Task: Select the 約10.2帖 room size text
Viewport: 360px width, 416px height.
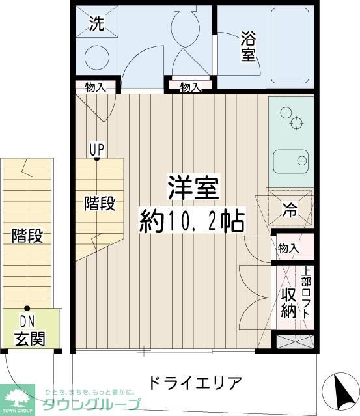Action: [x=191, y=222]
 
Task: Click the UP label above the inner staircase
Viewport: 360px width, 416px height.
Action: [x=96, y=149]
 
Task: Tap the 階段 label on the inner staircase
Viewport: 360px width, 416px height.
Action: [x=100, y=203]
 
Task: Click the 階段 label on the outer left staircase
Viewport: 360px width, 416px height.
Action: [x=27, y=236]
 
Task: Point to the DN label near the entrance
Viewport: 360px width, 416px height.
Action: [x=27, y=321]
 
